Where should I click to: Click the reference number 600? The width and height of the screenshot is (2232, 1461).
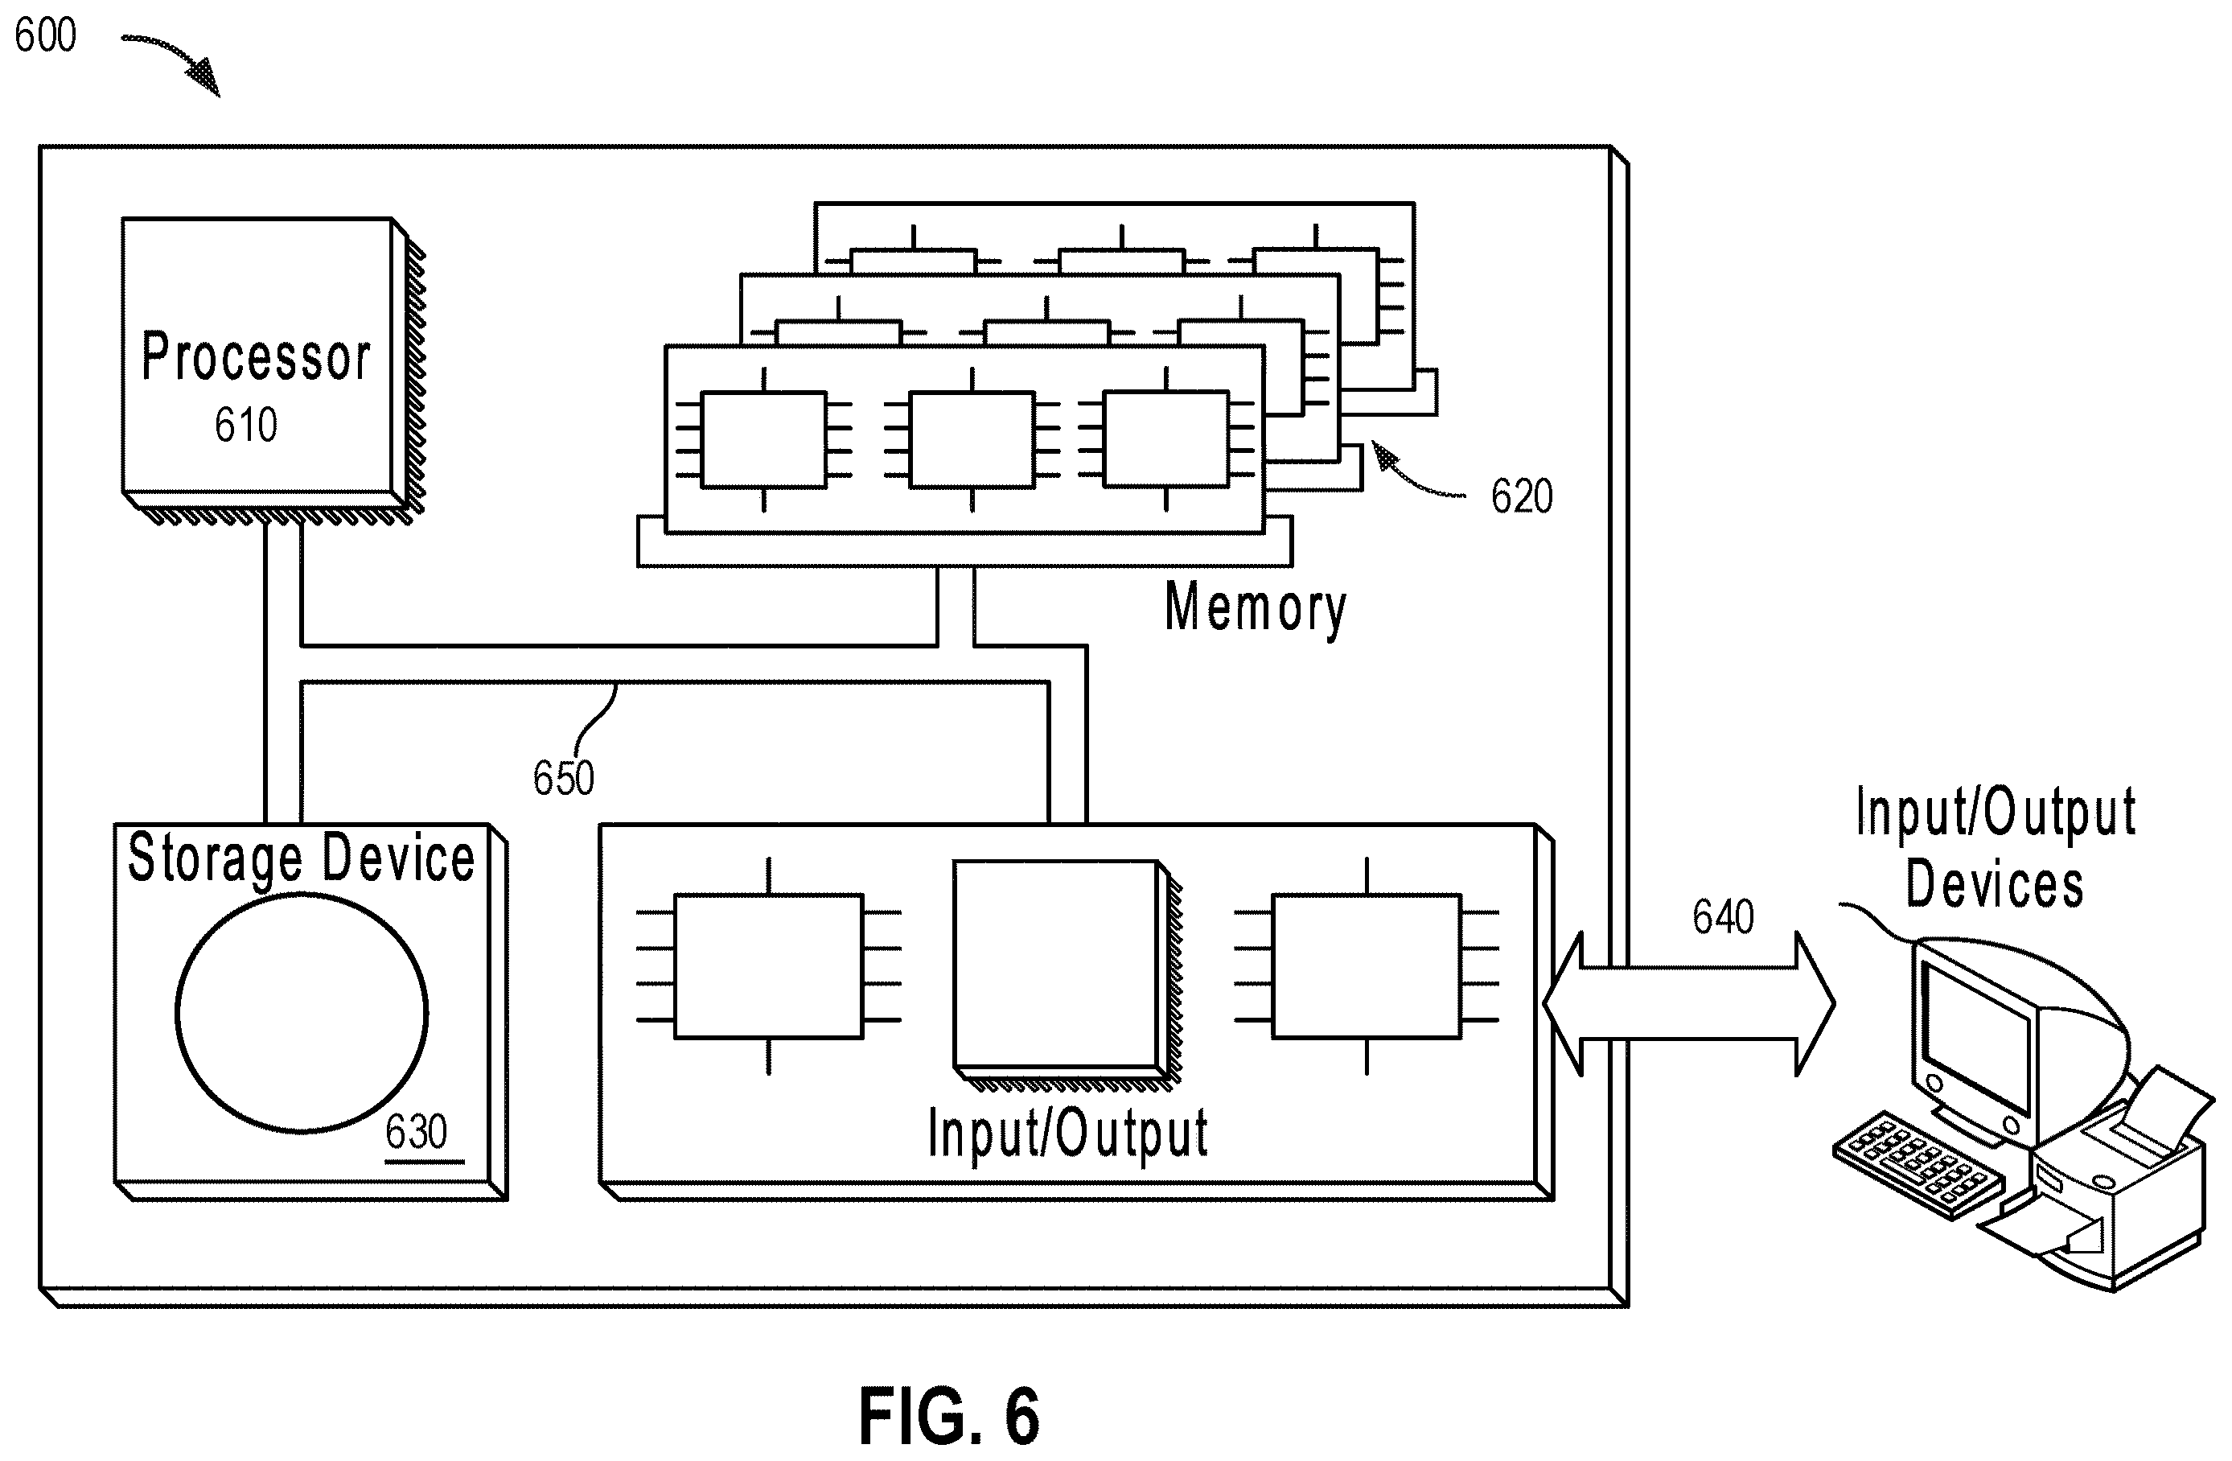pyautogui.click(x=45, y=35)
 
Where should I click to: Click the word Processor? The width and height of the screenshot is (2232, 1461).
pyautogui.click(x=256, y=356)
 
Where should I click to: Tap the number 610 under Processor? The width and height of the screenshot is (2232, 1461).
pyautogui.click(x=245, y=425)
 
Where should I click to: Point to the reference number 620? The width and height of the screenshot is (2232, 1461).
pyautogui.click(x=1521, y=496)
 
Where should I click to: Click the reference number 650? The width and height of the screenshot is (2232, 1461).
pyautogui.click(x=563, y=777)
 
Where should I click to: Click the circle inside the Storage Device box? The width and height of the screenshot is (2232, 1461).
pyautogui.click(x=301, y=1013)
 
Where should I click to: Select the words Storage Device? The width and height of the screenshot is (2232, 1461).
pyautogui.click(x=301, y=858)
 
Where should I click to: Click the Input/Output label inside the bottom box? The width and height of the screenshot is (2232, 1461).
pyautogui.click(x=1067, y=1134)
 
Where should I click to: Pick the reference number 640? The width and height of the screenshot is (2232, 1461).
pyautogui.click(x=1723, y=916)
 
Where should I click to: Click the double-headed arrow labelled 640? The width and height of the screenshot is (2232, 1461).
pyautogui.click(x=1688, y=1003)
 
